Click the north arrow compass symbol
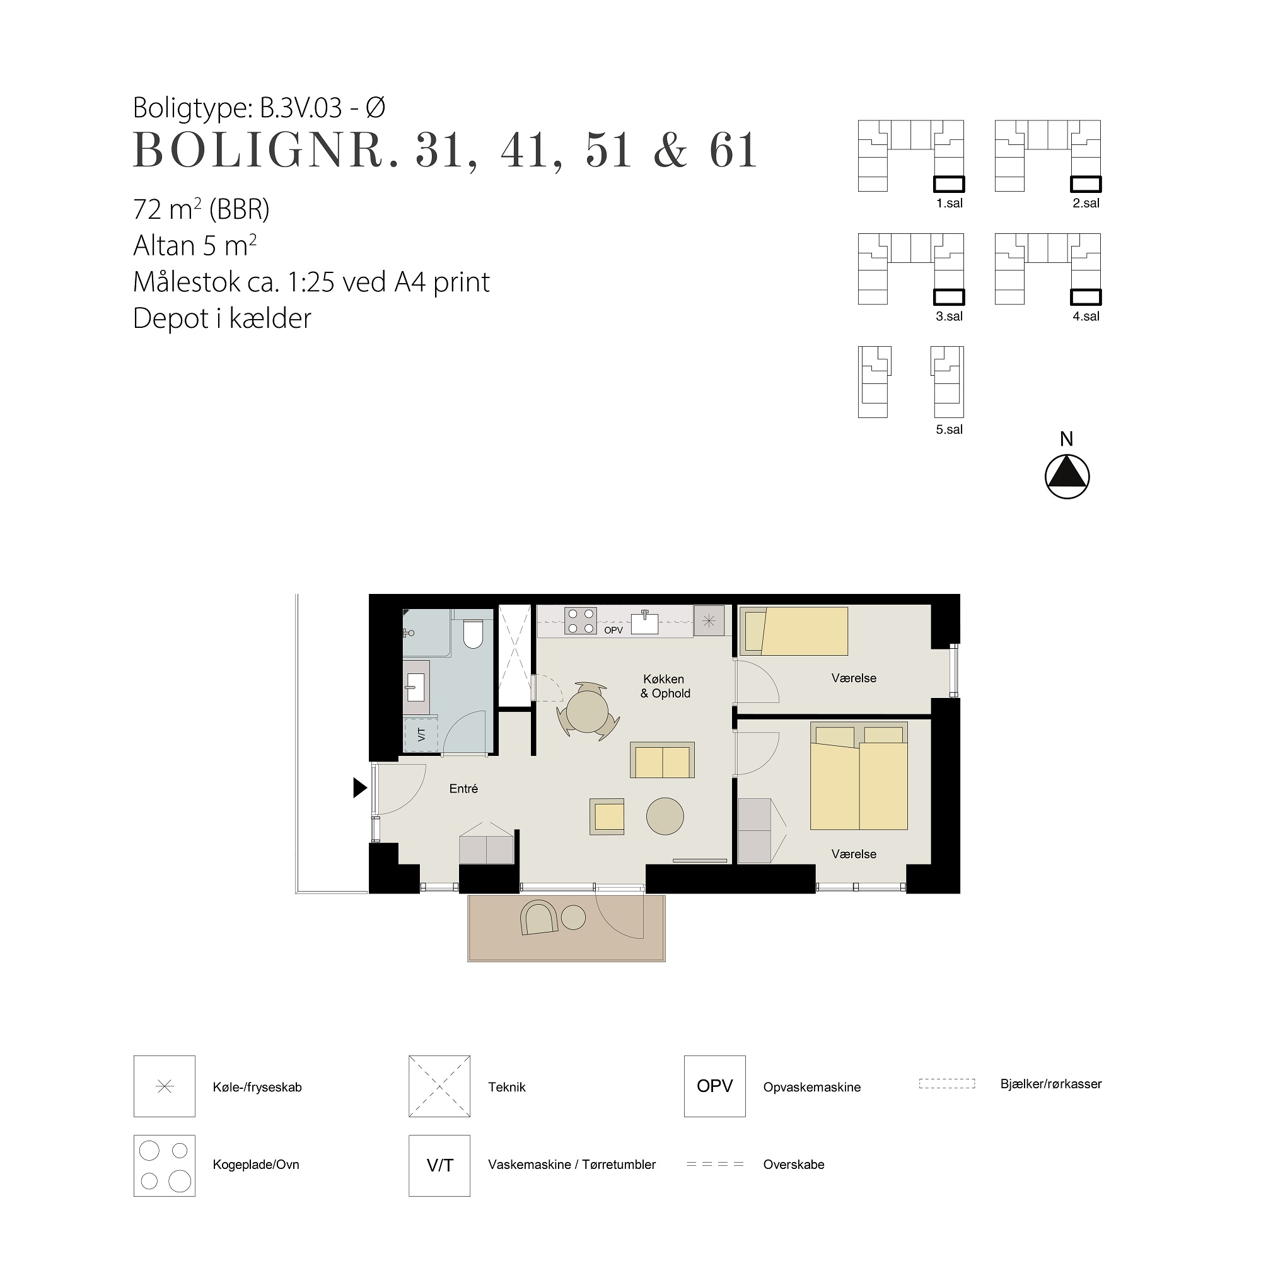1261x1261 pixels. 1067,477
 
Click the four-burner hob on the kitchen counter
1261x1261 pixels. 580,620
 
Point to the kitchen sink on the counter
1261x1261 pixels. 645,622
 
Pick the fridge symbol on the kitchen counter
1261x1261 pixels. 709,620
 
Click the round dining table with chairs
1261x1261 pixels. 588,711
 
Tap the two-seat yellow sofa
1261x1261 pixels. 662,760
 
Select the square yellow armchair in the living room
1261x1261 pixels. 607,816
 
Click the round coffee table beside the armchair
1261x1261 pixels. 665,816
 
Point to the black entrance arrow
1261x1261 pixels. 359,787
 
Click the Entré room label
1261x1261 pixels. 463,789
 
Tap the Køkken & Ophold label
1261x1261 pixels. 665,686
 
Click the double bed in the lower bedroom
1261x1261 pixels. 859,776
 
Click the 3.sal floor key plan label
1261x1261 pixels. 949,317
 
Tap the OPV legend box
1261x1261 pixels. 715,1086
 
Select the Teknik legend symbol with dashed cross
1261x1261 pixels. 439,1086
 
